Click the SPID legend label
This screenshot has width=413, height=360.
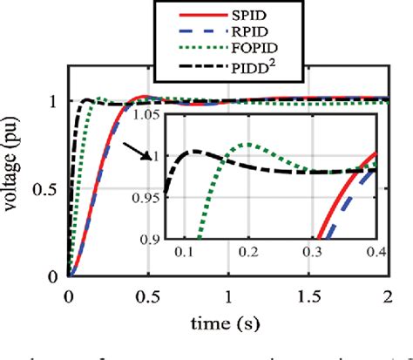[x=261, y=16]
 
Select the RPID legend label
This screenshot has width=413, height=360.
[x=261, y=32]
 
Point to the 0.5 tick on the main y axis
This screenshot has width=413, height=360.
[x=51, y=189]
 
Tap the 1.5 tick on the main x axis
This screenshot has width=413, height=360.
[x=308, y=295]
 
